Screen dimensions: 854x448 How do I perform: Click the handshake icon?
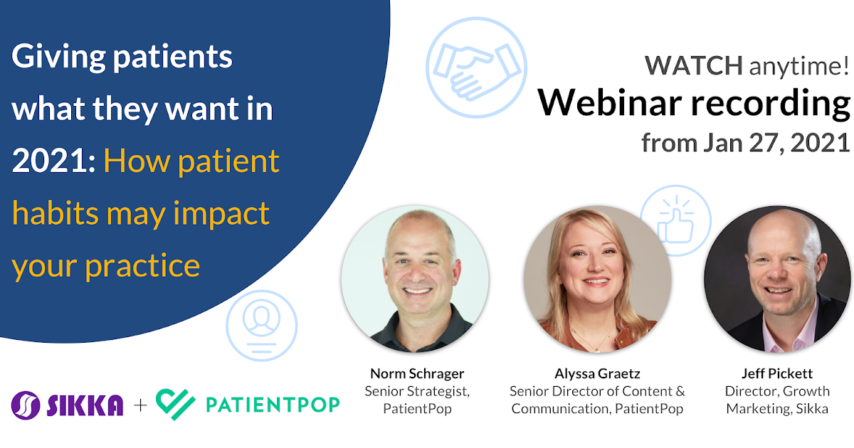click(x=477, y=68)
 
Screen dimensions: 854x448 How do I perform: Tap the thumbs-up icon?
click(x=675, y=220)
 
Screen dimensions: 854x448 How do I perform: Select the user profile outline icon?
click(x=262, y=326)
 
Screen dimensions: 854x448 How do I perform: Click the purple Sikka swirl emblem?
click(x=26, y=405)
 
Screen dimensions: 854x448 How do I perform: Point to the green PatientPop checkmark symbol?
click(x=176, y=404)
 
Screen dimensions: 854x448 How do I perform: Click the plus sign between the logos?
click(x=140, y=405)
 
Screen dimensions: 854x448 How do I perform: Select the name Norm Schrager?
click(x=417, y=373)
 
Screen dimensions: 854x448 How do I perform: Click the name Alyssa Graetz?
click(x=597, y=374)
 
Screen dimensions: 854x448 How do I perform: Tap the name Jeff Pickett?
click(x=777, y=373)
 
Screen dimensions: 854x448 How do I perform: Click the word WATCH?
click(x=693, y=65)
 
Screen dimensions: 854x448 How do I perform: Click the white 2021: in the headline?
click(x=54, y=161)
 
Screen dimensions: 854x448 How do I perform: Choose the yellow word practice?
click(x=142, y=265)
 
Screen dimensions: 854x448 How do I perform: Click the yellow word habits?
click(x=56, y=212)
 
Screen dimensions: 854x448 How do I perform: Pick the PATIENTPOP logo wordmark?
click(x=273, y=405)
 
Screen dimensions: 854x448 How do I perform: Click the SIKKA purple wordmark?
click(x=85, y=405)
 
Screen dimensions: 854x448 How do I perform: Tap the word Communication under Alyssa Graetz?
click(x=561, y=408)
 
